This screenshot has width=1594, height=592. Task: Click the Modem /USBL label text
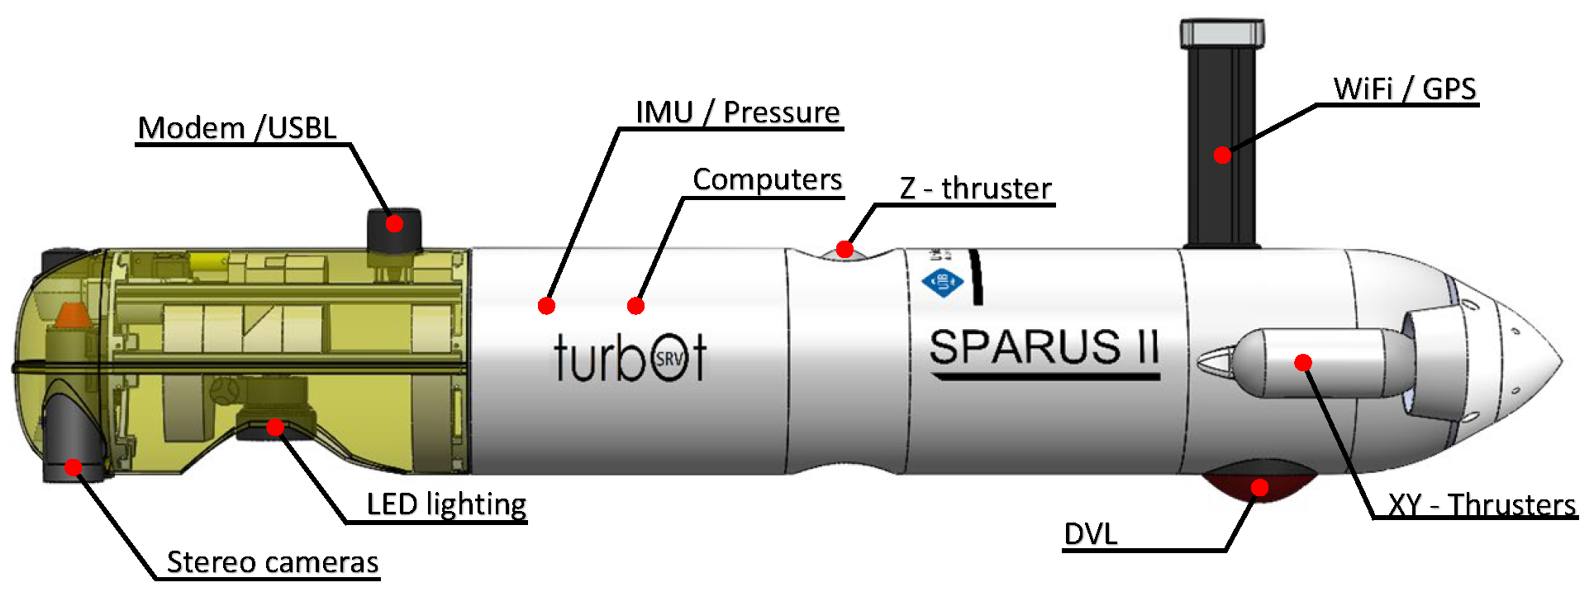[237, 128]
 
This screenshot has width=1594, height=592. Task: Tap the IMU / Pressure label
[737, 112]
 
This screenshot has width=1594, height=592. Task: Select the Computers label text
[767, 179]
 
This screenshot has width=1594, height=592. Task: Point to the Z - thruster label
[975, 189]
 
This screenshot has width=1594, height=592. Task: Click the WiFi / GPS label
[1404, 88]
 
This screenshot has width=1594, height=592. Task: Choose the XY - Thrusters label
[1481, 504]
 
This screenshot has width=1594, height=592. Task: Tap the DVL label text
[1090, 534]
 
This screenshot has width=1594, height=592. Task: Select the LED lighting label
[446, 504]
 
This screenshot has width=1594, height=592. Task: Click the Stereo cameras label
[273, 562]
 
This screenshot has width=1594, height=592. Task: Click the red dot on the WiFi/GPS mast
[1222, 155]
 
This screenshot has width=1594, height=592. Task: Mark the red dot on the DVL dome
[1259, 488]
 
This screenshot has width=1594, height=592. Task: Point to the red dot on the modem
[394, 223]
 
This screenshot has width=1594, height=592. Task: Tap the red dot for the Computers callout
[635, 306]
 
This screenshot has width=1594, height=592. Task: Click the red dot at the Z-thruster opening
[845, 249]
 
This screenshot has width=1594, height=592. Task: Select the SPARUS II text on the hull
[1044, 347]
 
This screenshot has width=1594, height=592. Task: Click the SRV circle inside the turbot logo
[669, 359]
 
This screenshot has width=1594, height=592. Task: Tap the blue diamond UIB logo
[943, 282]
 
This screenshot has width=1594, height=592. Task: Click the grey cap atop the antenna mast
[1222, 33]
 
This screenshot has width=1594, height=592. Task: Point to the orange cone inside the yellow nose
[71, 315]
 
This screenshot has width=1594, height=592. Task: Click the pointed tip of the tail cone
[1560, 361]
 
